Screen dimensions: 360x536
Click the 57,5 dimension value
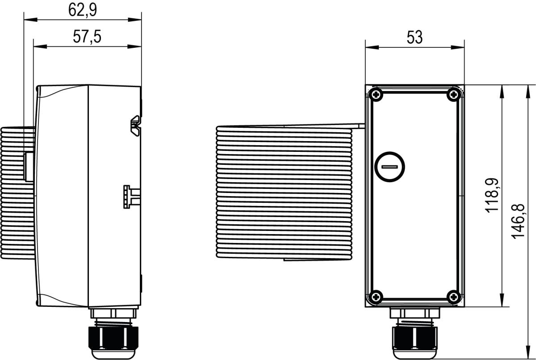tap(87, 37)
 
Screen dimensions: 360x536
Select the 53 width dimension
tap(415, 38)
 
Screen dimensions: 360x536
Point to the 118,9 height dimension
tap(493, 195)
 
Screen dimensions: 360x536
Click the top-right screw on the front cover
tap(454, 94)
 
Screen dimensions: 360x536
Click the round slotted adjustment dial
tap(390, 167)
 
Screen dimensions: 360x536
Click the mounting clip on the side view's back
tap(136, 126)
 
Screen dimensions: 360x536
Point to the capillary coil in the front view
tap(286, 192)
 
